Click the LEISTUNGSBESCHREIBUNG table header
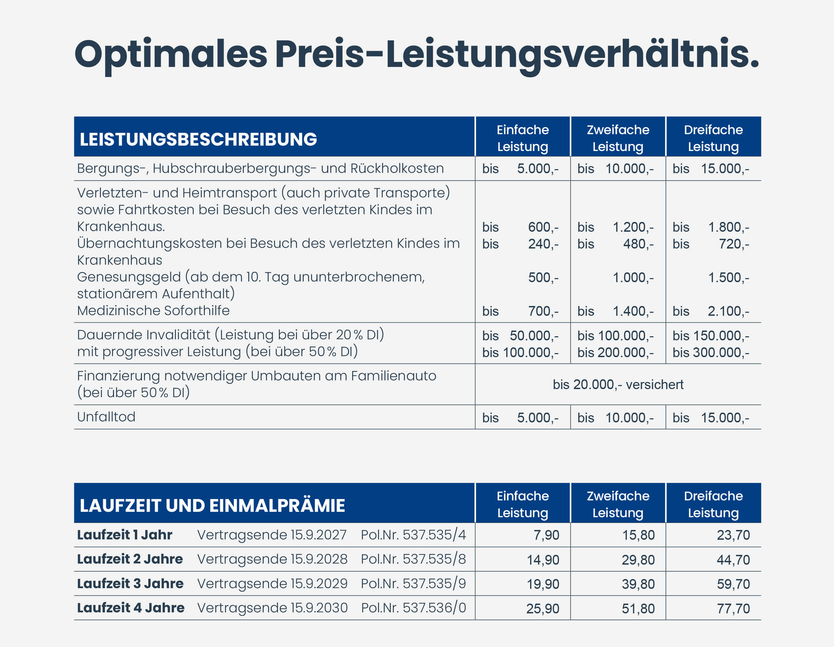click(198, 139)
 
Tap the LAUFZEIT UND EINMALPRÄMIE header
click(212, 505)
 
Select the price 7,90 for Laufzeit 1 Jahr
click(546, 535)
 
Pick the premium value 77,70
click(733, 608)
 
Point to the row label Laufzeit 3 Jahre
click(130, 583)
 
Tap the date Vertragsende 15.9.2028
click(272, 559)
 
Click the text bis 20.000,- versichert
click(618, 384)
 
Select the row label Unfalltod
click(106, 417)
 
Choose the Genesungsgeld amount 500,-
click(543, 278)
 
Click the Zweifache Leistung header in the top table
click(618, 138)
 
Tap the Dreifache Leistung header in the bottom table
click(713, 504)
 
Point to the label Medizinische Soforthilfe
click(153, 310)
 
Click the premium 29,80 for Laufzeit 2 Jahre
click(638, 560)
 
